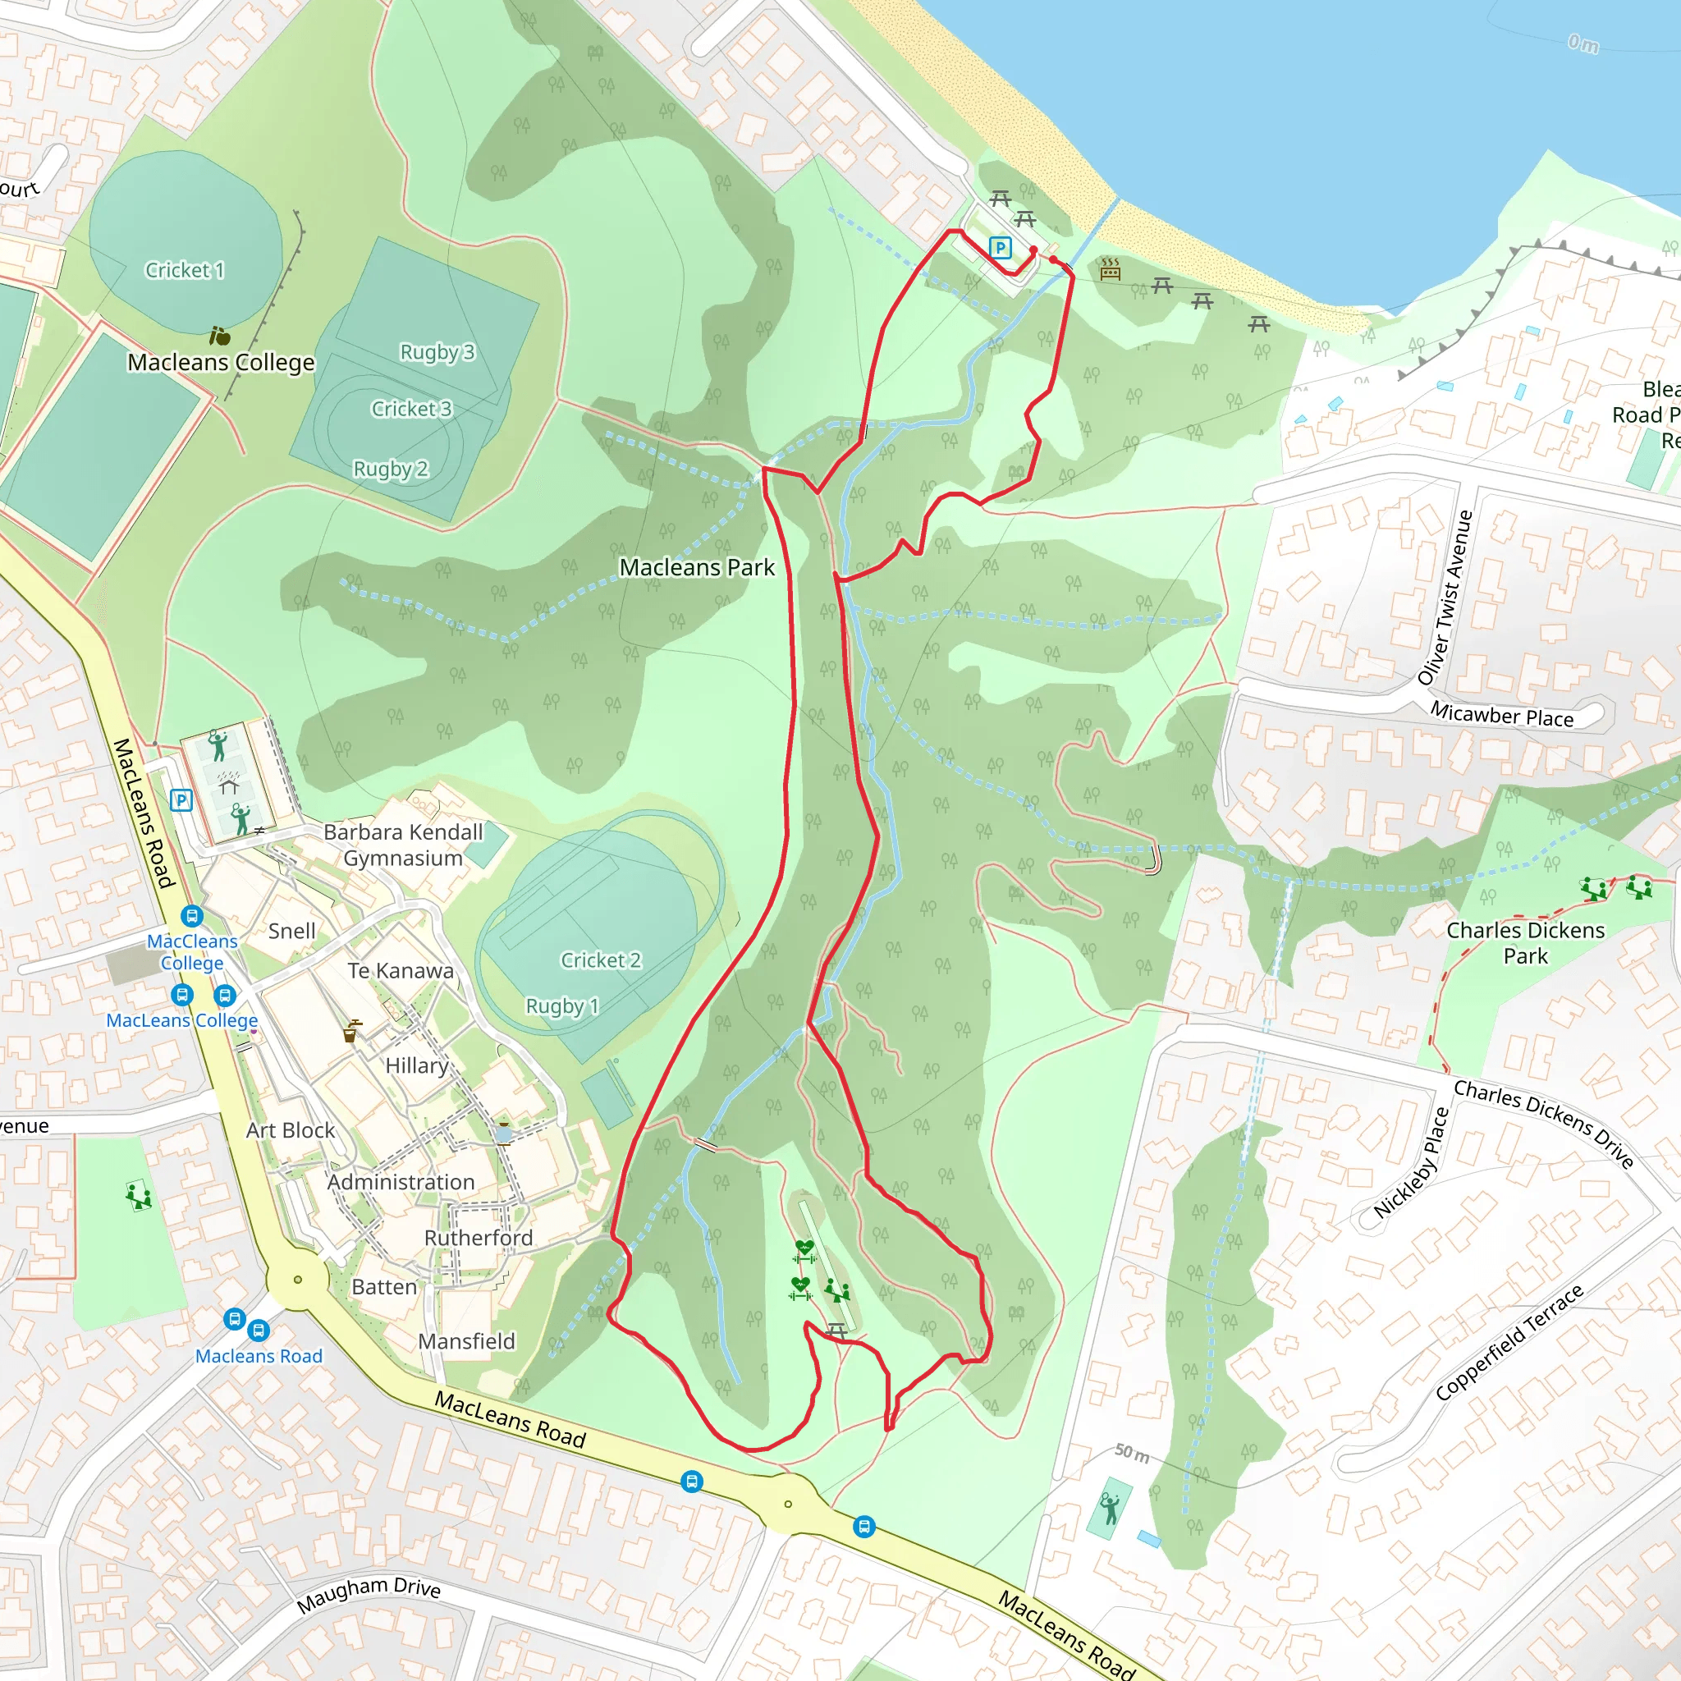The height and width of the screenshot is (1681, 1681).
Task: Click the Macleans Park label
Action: point(696,567)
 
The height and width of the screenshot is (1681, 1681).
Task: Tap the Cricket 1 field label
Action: point(185,271)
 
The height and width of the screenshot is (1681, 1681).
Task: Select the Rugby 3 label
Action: point(437,352)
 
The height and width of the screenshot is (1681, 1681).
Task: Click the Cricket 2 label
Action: point(600,960)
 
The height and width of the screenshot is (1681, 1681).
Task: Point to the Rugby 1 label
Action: point(562,1005)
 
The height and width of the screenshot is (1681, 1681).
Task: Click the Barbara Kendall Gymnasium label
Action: point(403,845)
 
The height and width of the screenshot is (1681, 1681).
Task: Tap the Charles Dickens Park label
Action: point(1525,942)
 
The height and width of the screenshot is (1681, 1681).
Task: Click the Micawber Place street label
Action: point(1502,715)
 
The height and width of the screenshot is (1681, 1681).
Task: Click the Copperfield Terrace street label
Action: point(1509,1343)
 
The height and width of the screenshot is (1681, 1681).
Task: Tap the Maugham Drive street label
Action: point(368,1594)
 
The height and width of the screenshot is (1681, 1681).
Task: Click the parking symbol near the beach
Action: point(1001,248)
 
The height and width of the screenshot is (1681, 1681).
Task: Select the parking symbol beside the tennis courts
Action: point(181,799)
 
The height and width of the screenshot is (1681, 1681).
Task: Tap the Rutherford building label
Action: point(478,1237)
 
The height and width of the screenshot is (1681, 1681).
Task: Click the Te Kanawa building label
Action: point(401,971)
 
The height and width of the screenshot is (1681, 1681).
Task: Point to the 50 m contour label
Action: point(1131,1452)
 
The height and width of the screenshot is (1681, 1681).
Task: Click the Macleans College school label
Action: point(221,362)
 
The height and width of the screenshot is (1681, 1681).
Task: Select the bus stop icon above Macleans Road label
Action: point(246,1325)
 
